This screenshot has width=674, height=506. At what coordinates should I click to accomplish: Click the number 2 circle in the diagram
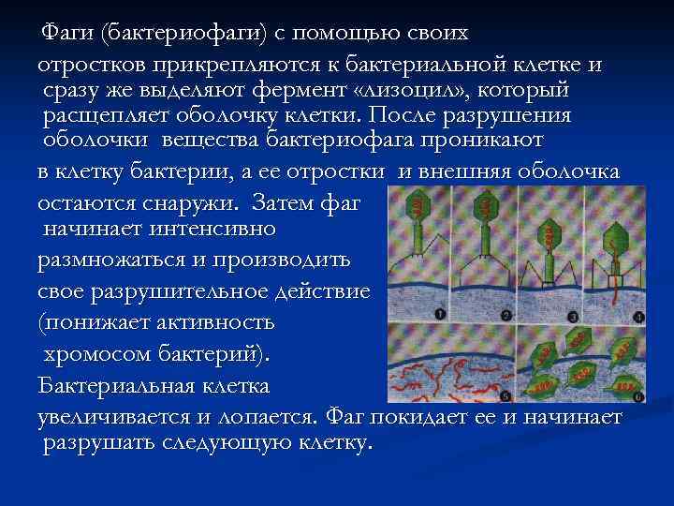(506, 315)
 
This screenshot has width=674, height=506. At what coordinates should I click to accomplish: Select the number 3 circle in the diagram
(572, 315)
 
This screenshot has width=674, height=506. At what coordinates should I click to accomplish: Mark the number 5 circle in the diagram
(506, 395)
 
